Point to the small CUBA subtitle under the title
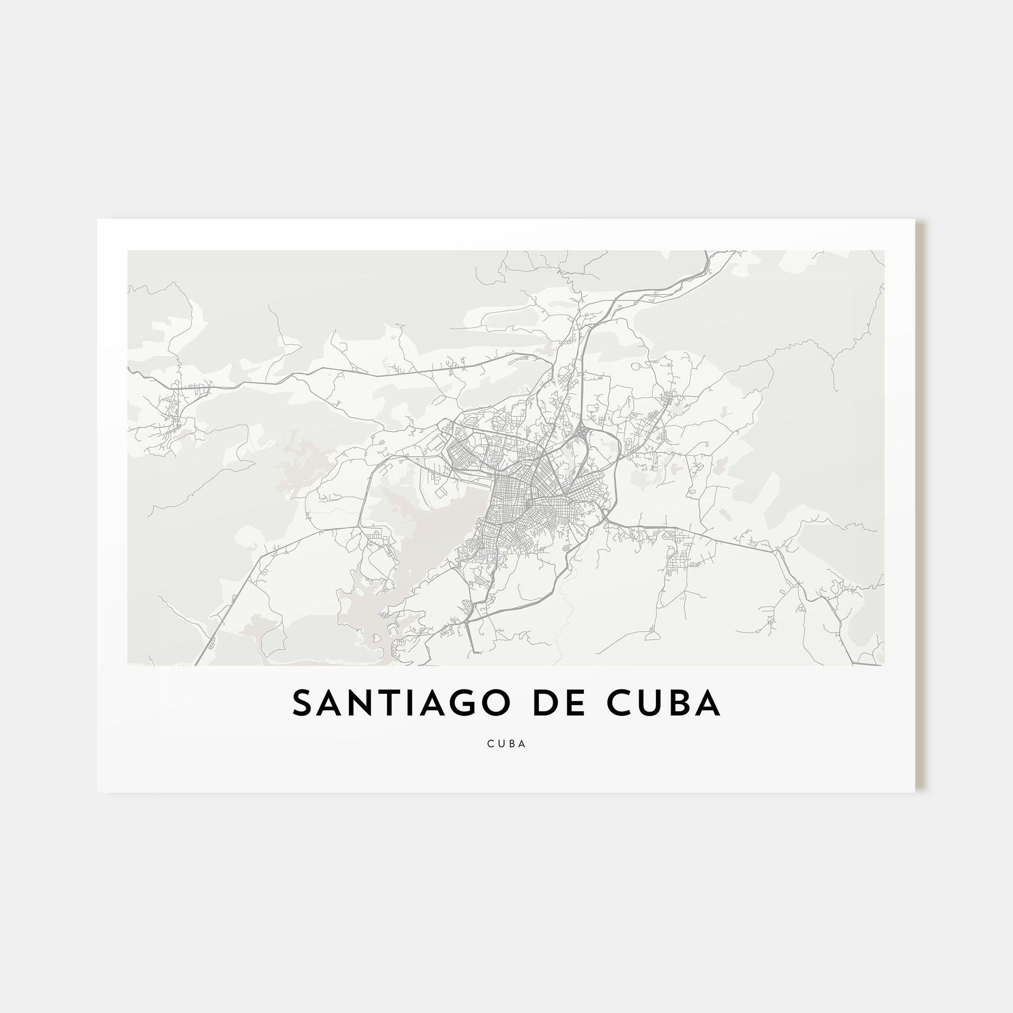click(x=506, y=744)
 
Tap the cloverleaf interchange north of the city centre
click(x=582, y=433)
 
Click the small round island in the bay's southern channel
click(x=375, y=638)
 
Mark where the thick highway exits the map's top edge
click(x=708, y=252)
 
